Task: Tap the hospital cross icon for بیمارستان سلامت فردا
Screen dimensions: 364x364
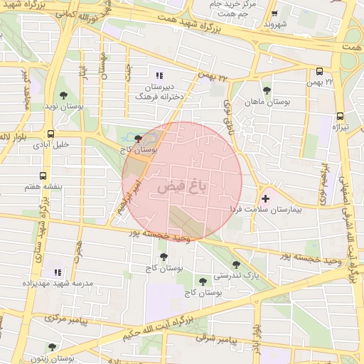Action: pyautogui.click(x=265, y=198)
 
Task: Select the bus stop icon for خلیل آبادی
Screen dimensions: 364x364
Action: pyautogui.click(x=50, y=134)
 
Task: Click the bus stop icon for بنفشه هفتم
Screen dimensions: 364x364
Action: pyautogui.click(x=43, y=176)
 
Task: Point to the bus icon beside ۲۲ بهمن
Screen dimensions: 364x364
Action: pyautogui.click(x=319, y=71)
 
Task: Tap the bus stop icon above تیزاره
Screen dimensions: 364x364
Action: pyautogui.click(x=340, y=116)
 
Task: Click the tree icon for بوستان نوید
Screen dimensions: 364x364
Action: pyautogui.click(x=63, y=95)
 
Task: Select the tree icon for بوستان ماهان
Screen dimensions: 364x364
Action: pyautogui.click(x=267, y=90)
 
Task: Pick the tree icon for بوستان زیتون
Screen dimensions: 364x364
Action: pyautogui.click(x=51, y=347)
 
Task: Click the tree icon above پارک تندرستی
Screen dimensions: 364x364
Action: pyautogui.click(x=236, y=264)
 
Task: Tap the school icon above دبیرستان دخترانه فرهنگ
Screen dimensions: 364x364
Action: pyautogui.click(x=159, y=75)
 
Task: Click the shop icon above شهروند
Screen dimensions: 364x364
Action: pyautogui.click(x=274, y=14)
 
